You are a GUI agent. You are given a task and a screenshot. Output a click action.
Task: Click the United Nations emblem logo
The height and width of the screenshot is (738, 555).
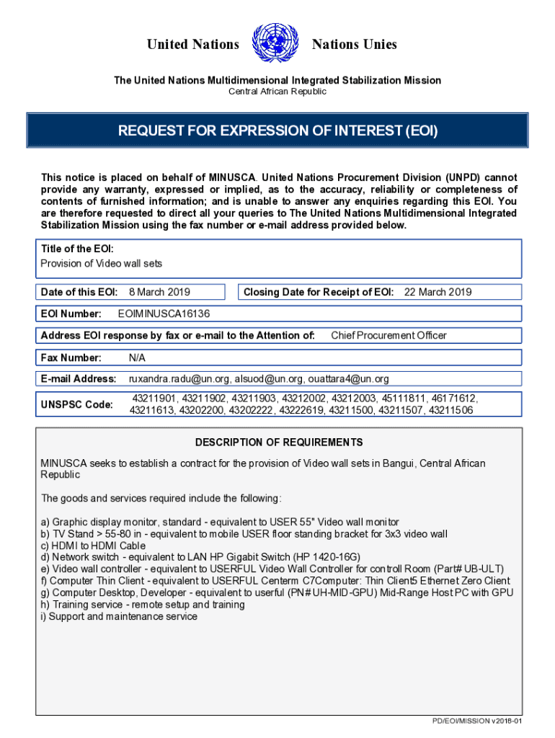276,44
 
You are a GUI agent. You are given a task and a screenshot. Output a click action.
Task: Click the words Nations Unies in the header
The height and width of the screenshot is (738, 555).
354,45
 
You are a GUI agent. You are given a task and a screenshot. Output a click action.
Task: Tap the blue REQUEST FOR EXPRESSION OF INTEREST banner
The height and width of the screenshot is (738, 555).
277,131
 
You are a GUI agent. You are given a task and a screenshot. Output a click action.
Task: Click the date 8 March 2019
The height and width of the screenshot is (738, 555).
159,292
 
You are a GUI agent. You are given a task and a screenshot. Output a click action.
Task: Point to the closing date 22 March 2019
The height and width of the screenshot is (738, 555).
438,292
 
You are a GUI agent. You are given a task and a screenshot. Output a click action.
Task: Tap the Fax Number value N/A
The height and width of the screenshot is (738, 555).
138,357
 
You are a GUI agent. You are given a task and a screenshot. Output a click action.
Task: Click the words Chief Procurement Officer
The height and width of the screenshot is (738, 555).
388,335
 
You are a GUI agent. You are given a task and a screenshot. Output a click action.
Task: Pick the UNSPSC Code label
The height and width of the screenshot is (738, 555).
76,404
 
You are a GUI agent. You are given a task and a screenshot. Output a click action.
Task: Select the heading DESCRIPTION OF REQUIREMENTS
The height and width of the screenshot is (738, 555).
278,442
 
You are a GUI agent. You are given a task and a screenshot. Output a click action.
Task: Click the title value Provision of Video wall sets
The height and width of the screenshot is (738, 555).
102,263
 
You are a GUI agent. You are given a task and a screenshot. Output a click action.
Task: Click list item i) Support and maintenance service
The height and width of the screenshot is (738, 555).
119,616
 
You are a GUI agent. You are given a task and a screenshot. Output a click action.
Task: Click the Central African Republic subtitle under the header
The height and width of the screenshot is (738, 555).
277,92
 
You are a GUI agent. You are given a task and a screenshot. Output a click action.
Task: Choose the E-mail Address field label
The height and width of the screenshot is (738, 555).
79,378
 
